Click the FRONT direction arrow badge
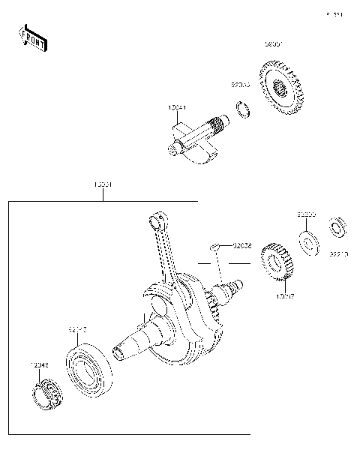pos(32,38)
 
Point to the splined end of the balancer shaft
pos(220,122)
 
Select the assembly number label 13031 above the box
pos(103,184)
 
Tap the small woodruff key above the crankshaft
pos(214,244)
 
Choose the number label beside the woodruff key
pos(241,244)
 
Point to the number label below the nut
pos(338,254)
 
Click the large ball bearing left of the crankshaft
pos(89,368)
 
